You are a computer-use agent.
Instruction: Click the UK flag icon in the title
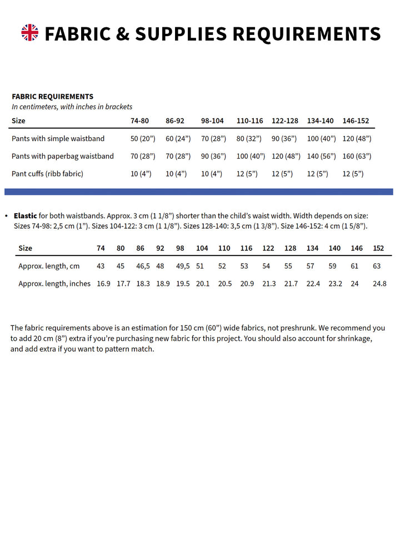click(x=30, y=33)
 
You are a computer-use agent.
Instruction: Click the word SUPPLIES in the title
click(x=181, y=34)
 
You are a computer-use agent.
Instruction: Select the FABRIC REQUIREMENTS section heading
click(x=52, y=96)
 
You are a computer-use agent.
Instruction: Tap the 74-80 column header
click(x=139, y=120)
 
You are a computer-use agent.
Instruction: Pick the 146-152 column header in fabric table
click(x=356, y=120)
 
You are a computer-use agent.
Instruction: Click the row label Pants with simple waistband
click(x=58, y=138)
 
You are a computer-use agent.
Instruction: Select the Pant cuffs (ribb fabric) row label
click(x=47, y=174)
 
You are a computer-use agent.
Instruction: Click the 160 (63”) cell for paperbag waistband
click(x=357, y=156)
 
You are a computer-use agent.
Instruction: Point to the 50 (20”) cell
click(x=143, y=138)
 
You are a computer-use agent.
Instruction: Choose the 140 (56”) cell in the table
click(x=321, y=156)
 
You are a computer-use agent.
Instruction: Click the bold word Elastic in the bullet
click(x=26, y=215)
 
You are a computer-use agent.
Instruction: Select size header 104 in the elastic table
click(x=202, y=248)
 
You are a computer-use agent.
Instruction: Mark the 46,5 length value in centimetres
click(x=143, y=266)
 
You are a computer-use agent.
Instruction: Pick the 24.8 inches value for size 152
click(x=379, y=284)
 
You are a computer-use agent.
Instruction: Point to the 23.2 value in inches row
click(x=336, y=284)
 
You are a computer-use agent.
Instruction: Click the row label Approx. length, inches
click(x=54, y=284)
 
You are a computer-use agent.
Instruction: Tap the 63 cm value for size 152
click(x=377, y=266)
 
